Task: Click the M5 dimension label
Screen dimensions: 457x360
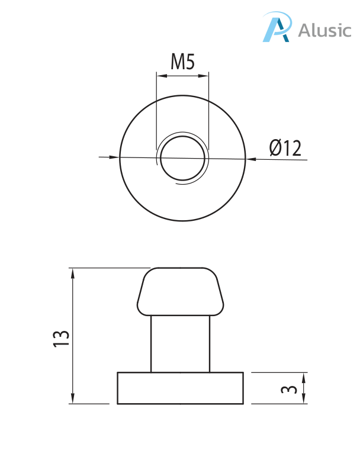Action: [x=182, y=62]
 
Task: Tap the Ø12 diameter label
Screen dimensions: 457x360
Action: [x=285, y=148]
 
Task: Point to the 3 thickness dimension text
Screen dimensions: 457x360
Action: [x=288, y=389]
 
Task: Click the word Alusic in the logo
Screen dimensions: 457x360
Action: [x=324, y=30]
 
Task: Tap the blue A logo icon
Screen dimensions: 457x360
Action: [x=277, y=28]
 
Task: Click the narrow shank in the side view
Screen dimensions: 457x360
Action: [x=181, y=343]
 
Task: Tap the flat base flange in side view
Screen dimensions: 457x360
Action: [x=181, y=388]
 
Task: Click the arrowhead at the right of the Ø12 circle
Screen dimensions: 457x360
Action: [x=250, y=159]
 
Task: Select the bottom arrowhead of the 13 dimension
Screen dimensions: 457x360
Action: [x=73, y=400]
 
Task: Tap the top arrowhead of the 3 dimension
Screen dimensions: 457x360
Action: [x=304, y=376]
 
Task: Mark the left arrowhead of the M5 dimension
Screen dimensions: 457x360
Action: [x=160, y=75]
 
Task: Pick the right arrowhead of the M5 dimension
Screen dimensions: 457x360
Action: [x=205, y=75]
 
